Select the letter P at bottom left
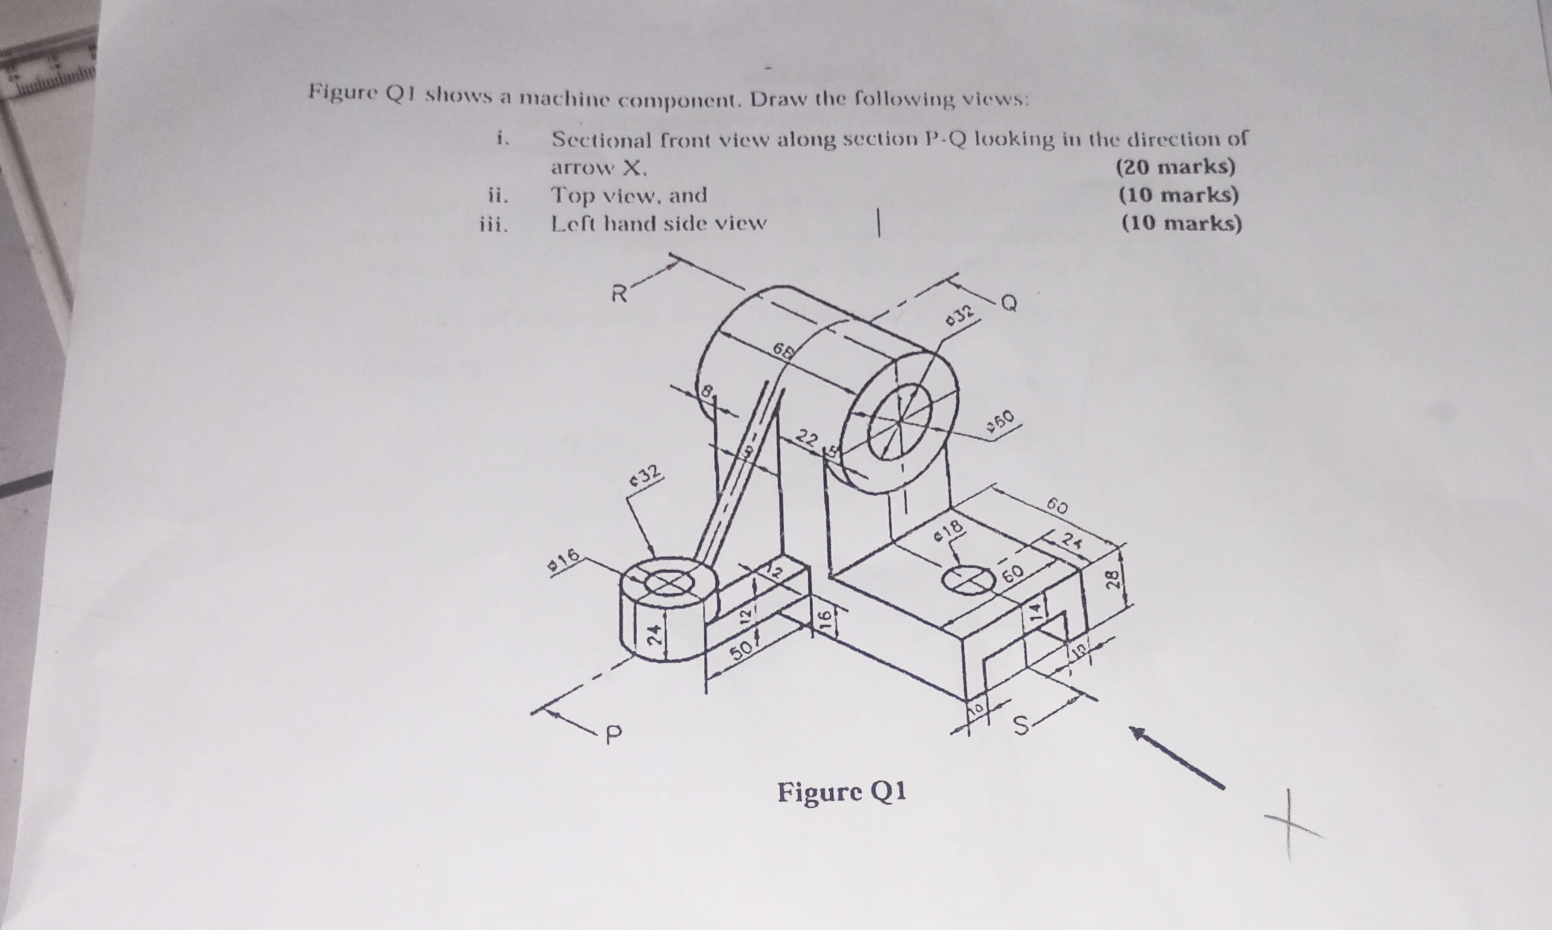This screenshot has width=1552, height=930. click(614, 732)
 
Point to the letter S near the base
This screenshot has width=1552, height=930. click(1022, 726)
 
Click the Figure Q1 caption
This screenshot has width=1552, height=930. click(842, 792)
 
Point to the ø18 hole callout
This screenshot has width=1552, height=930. click(947, 530)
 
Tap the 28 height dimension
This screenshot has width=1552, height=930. click(1113, 578)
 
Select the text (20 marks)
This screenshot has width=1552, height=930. click(1176, 167)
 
